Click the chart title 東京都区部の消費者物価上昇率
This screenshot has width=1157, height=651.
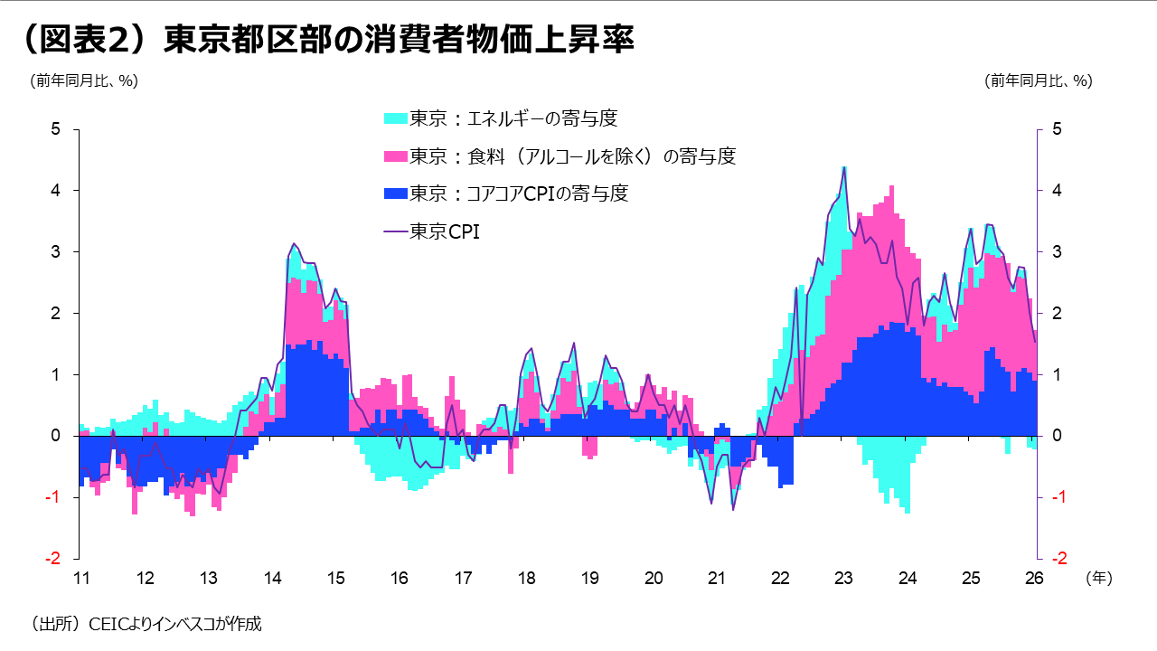pos(325,41)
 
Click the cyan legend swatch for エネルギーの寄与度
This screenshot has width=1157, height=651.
pos(396,118)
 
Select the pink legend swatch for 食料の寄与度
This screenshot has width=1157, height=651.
pos(396,156)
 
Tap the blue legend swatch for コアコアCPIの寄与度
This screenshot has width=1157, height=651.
pos(396,193)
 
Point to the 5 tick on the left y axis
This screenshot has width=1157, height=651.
pos(55,129)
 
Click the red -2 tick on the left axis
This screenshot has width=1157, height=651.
pos(52,559)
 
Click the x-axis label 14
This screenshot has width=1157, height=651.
pos(272,578)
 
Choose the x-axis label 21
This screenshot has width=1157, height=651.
pos(717,578)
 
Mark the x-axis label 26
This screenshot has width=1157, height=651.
pos(1035,578)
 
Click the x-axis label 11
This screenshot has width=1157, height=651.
pos(80,578)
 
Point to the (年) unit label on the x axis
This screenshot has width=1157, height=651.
pos(1098,577)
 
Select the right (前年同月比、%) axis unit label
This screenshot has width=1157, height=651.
pos(1039,80)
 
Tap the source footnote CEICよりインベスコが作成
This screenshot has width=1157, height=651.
pos(146,623)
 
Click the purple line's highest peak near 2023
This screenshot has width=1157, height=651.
pos(844,168)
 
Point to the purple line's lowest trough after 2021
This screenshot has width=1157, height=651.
pos(733,510)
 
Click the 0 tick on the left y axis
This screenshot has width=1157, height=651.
pos(55,436)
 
